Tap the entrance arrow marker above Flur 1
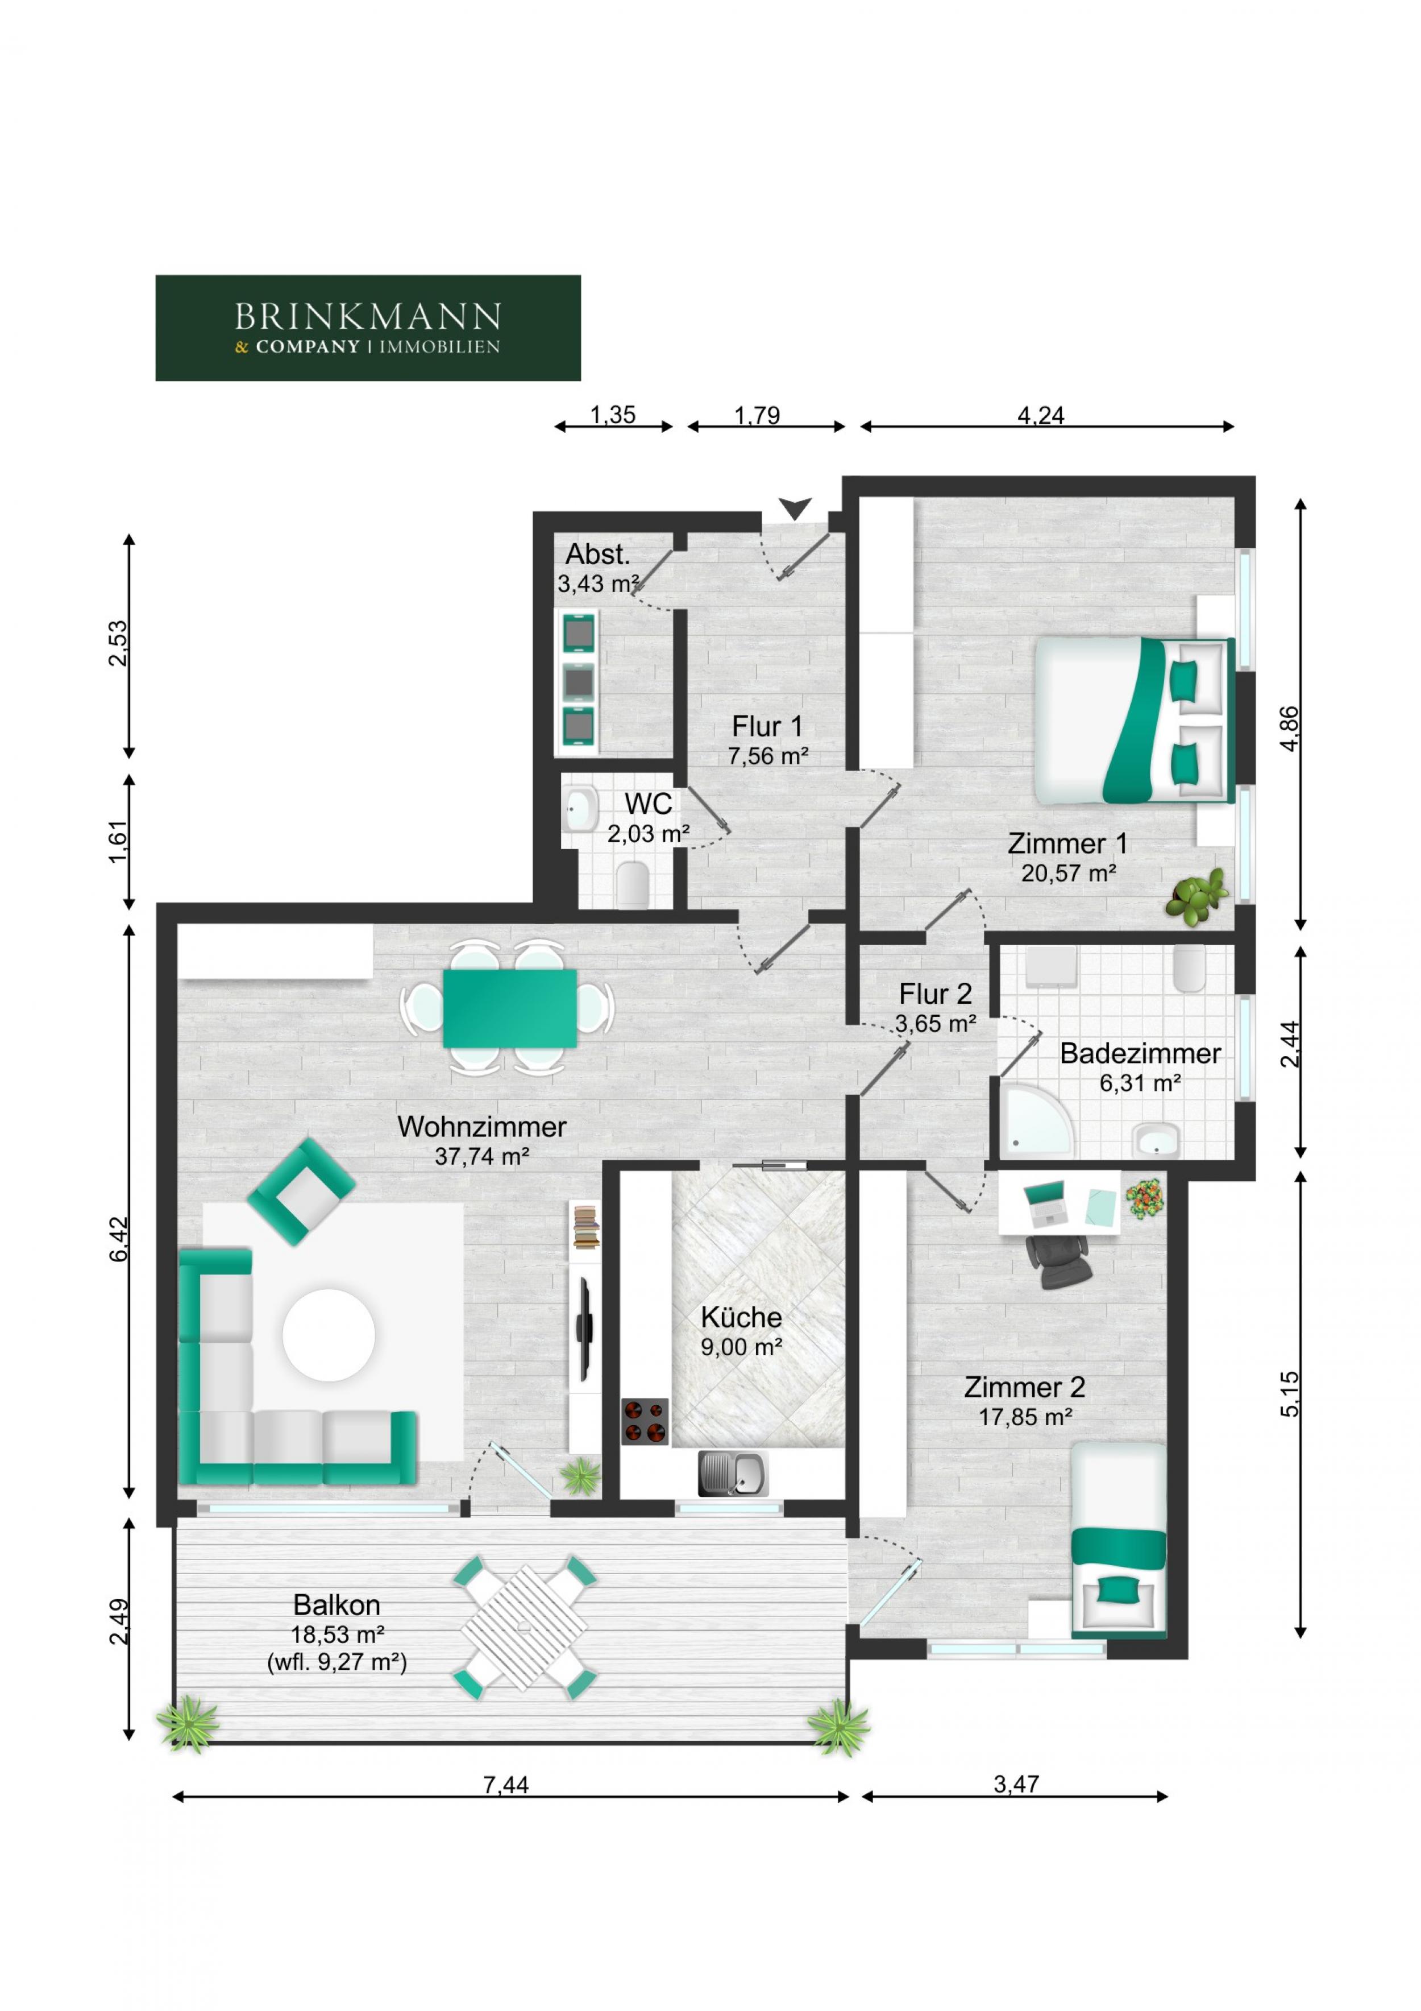click(x=795, y=508)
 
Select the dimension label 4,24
click(x=1040, y=415)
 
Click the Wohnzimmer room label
click(x=481, y=1127)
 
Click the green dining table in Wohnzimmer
click(x=509, y=1008)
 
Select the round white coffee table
click(x=329, y=1335)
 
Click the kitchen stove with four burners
click(x=645, y=1421)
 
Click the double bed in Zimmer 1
click(x=1131, y=720)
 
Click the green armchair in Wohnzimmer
click(x=301, y=1191)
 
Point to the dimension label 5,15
click(x=1290, y=1393)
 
